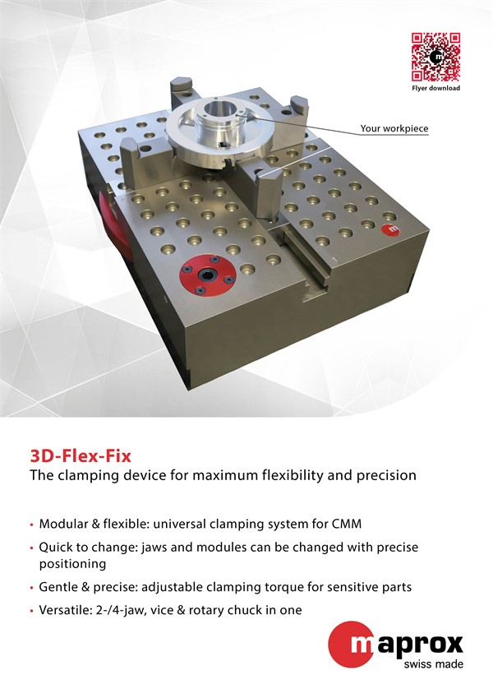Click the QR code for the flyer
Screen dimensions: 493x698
point(435,57)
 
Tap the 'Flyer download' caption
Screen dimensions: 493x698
point(435,88)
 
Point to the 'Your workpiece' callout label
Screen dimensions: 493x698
point(394,128)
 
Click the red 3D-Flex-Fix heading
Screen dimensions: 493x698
point(81,456)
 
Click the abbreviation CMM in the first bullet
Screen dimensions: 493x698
point(347,524)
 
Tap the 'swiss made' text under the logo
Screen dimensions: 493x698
point(433,664)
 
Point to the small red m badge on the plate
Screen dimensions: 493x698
point(390,229)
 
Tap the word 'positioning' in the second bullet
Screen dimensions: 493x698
point(72,565)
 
